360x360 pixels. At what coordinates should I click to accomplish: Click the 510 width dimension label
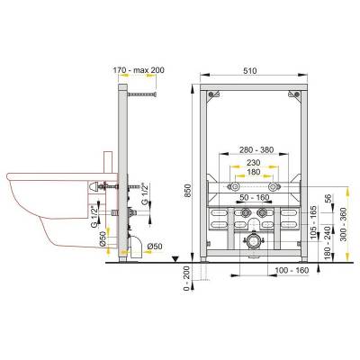[250, 71]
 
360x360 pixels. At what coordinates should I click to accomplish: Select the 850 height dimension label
[187, 191]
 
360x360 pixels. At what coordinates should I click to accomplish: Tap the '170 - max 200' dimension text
[139, 70]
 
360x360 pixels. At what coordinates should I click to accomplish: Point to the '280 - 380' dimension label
[256, 149]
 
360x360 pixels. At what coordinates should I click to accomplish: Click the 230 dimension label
[254, 163]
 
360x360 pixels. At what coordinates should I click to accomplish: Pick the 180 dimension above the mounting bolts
[254, 172]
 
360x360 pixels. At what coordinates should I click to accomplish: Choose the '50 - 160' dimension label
[254, 198]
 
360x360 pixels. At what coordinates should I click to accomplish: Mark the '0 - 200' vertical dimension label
[187, 278]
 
